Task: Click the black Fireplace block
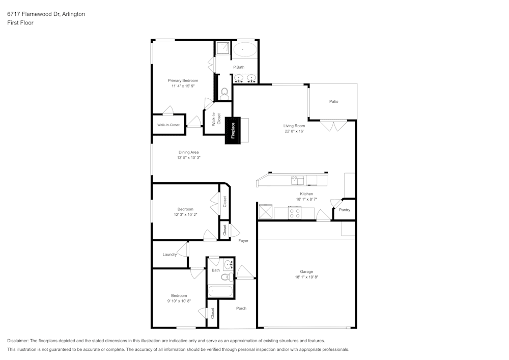[x=233, y=130]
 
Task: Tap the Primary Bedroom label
[x=183, y=80]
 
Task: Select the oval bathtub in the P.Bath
[x=245, y=50]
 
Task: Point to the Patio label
[x=333, y=101]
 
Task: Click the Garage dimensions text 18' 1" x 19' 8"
[x=306, y=277]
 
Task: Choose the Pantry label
[x=345, y=210]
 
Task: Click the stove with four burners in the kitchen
[x=295, y=213]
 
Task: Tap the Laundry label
[x=169, y=255]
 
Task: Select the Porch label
[x=241, y=308]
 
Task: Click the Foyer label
[x=243, y=240]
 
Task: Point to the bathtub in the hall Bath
[x=220, y=292]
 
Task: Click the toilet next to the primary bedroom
[x=224, y=93]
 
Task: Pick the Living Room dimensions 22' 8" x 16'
[x=294, y=131]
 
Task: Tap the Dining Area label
[x=188, y=152]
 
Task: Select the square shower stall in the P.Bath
[x=223, y=48]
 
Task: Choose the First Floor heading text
[x=20, y=23]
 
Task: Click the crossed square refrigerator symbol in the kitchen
[x=265, y=211]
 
